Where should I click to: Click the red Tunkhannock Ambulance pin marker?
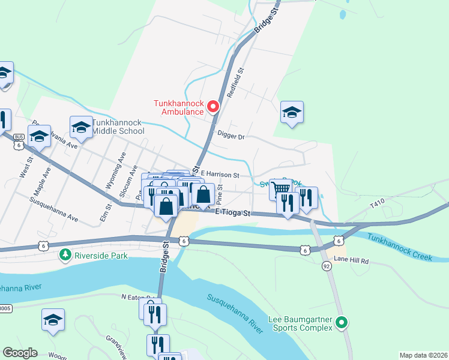212,107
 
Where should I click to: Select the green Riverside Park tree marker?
65,255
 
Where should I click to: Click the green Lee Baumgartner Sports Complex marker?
342,323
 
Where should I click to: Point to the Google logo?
20,353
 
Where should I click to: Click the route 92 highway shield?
326,266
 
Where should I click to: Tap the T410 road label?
377,205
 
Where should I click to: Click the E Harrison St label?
220,175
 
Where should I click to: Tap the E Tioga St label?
234,212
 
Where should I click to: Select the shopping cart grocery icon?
280,189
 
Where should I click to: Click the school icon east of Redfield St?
292,112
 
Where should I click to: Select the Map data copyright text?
423,355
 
